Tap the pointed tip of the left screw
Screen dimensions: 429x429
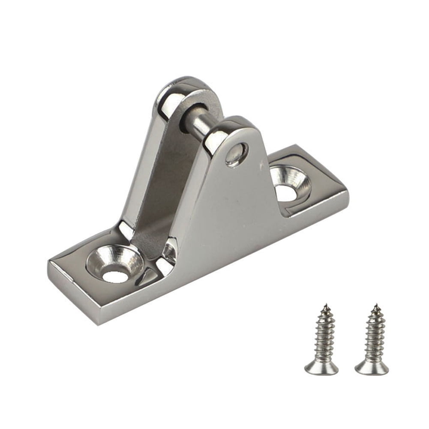325,306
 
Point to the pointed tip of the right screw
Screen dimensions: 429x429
376,306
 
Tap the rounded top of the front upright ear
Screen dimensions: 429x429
234,124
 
